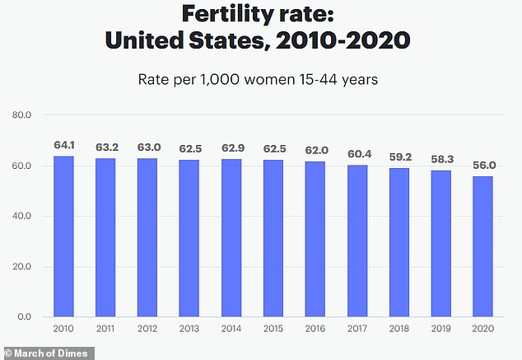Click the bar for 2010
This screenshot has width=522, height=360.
coord(63,236)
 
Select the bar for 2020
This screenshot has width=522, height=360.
coord(482,246)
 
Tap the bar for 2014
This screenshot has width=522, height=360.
coord(231,238)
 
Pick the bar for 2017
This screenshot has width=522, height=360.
coord(357,241)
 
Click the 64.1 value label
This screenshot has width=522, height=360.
coord(63,143)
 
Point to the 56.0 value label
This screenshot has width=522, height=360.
coord(482,164)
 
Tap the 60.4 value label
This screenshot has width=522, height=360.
coord(357,153)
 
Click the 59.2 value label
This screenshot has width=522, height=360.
coord(398,156)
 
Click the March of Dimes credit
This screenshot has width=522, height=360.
coord(47,353)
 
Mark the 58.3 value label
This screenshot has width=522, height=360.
coord(440,158)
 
